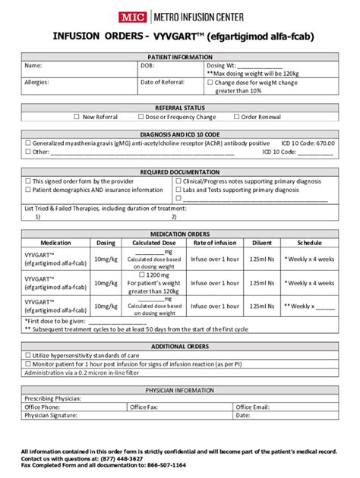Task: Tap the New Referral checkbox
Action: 76,117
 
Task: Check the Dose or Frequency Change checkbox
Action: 141,117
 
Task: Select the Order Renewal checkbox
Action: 235,117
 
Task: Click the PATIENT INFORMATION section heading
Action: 180,57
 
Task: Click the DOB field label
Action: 147,66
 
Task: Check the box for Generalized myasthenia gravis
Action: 28,143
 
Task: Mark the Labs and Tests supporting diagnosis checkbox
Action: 179,190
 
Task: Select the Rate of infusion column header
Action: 214,243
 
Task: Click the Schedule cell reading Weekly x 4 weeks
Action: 308,259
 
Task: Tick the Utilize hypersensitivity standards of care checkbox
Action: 28,355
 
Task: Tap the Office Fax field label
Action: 144,407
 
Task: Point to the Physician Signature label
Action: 51,416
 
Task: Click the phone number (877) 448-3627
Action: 121,459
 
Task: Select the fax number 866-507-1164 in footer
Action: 163,465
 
